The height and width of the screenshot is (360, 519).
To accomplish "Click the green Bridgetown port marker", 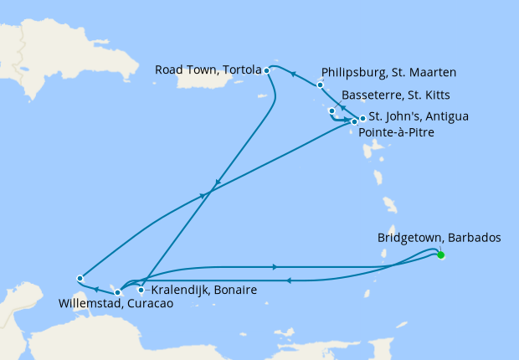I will pyautogui.click(x=440, y=255).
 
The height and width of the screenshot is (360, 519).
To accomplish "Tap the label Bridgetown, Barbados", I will pyautogui.click(x=439, y=238).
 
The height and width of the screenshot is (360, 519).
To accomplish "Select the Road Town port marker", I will pyautogui.click(x=266, y=70).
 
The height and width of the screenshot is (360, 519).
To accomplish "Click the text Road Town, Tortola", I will pyautogui.click(x=208, y=70).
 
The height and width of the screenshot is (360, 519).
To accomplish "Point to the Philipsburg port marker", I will pyautogui.click(x=320, y=85).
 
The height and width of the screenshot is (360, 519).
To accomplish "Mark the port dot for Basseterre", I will pyautogui.click(x=332, y=111).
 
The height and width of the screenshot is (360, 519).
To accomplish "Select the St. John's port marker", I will pyautogui.click(x=362, y=118).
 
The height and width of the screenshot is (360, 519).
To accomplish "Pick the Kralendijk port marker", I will pyautogui.click(x=141, y=291).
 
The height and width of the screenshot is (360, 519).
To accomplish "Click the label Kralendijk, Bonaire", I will pyautogui.click(x=198, y=291).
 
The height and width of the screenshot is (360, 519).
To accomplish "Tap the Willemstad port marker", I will pyautogui.click(x=117, y=292).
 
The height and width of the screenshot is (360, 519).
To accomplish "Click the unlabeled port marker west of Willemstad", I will pyautogui.click(x=80, y=278).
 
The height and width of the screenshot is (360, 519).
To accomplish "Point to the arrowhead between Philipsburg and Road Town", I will pyautogui.click(x=293, y=74).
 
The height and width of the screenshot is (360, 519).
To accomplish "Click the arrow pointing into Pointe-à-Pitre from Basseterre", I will pyautogui.click(x=347, y=121).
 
